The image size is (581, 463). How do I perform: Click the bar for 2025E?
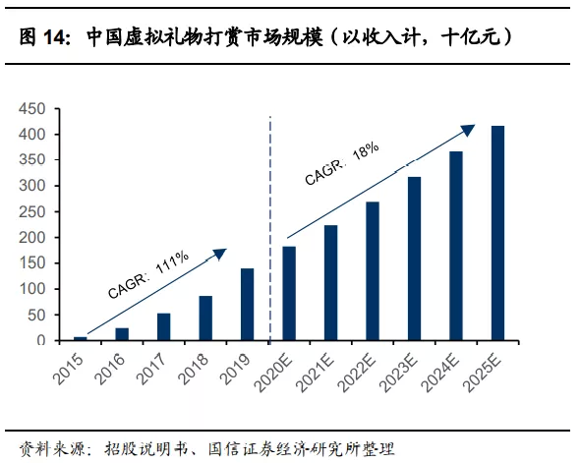pyautogui.click(x=498, y=233)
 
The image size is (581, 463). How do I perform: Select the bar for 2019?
pyautogui.click(x=247, y=305)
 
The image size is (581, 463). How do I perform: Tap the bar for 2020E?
pyautogui.click(x=289, y=293)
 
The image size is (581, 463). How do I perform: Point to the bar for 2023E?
pyautogui.click(x=415, y=259)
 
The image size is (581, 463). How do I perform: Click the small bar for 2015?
pyautogui.click(x=80, y=338)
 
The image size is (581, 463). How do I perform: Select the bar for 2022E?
pyautogui.click(x=373, y=271)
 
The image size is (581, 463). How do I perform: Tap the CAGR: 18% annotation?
pyautogui.click(x=342, y=164)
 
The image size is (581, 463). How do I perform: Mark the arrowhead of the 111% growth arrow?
pyautogui.click(x=221, y=254)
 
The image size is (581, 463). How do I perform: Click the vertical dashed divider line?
pyautogui.click(x=269, y=226)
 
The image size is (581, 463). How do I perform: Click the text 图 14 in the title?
pyautogui.click(x=40, y=39)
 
